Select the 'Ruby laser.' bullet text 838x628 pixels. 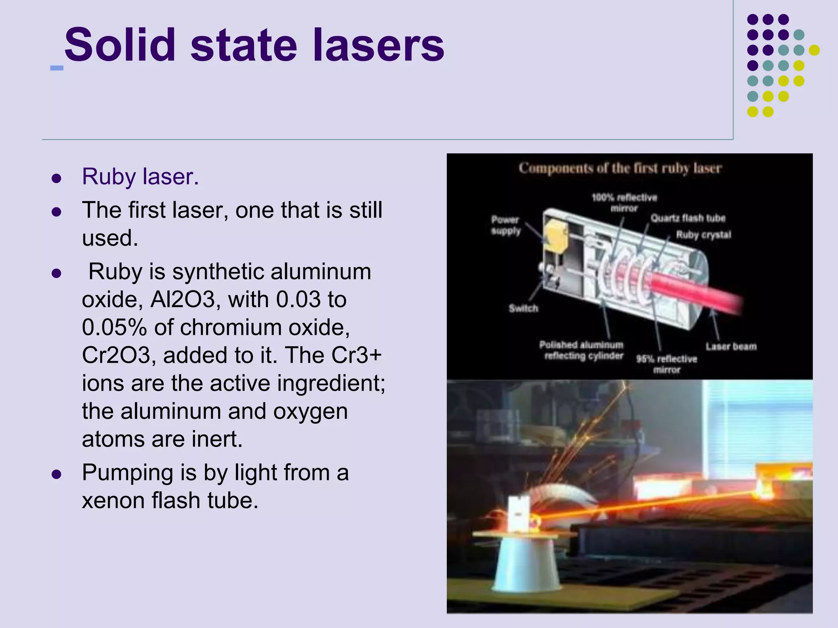[140, 177]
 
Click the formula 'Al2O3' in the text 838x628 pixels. [182, 300]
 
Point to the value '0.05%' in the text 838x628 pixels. [114, 327]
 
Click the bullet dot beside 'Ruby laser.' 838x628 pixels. [56, 178]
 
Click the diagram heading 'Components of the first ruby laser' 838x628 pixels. [620, 168]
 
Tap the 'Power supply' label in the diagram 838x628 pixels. [505, 225]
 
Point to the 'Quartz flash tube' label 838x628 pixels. [688, 218]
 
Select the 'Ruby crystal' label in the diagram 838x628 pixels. [703, 235]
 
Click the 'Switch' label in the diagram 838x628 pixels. [523, 308]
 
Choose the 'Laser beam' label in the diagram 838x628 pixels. [731, 347]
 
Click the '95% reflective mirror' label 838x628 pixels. [667, 364]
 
